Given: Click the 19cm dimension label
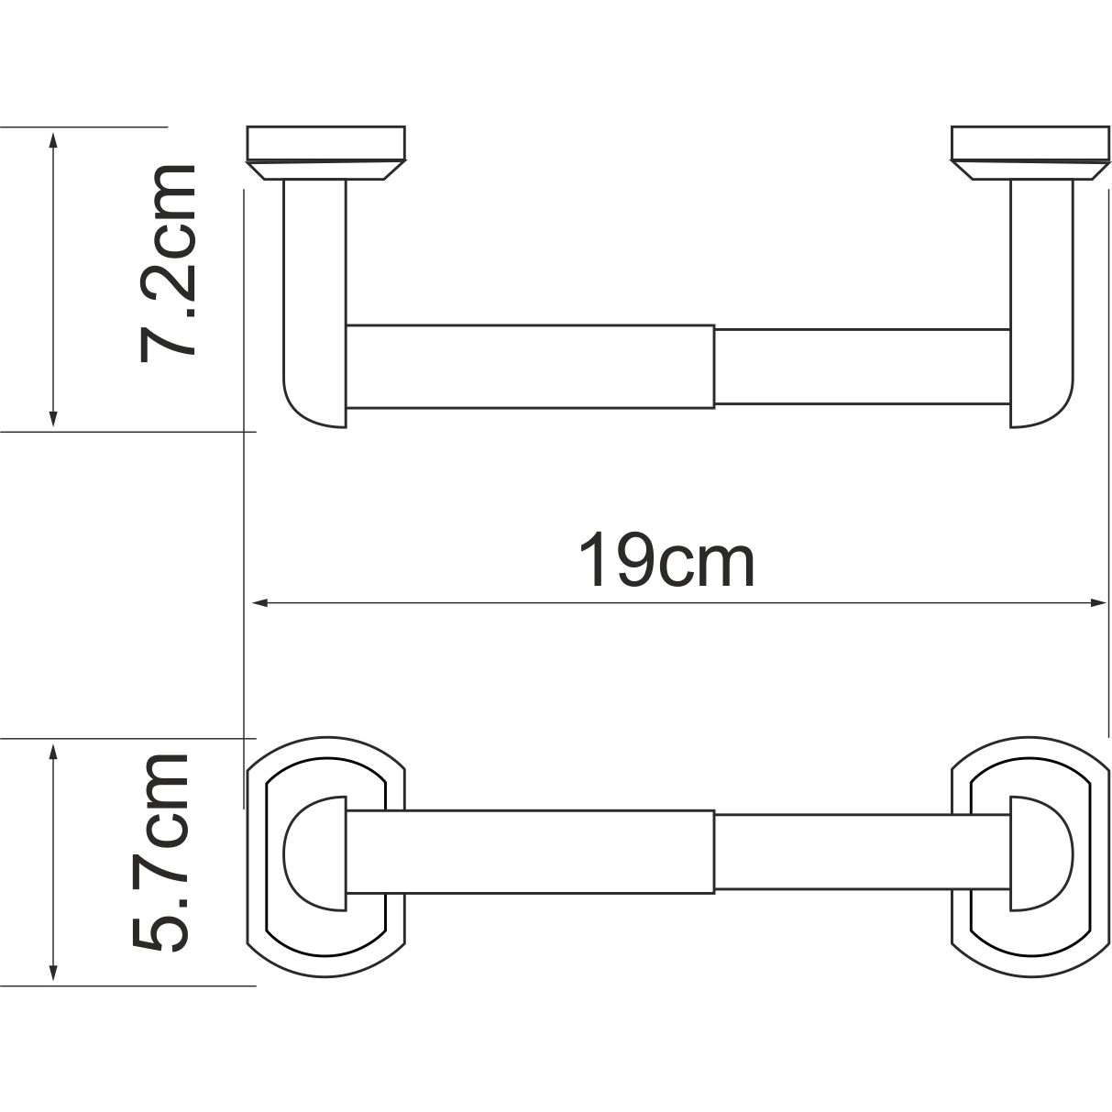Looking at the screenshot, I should (x=666, y=561).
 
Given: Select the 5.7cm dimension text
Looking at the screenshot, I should (x=162, y=851).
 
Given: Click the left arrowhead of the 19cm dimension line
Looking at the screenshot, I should (x=258, y=603).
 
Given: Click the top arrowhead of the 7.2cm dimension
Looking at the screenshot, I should (x=53, y=138).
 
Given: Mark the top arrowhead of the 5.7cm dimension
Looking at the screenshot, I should (x=53, y=751).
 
